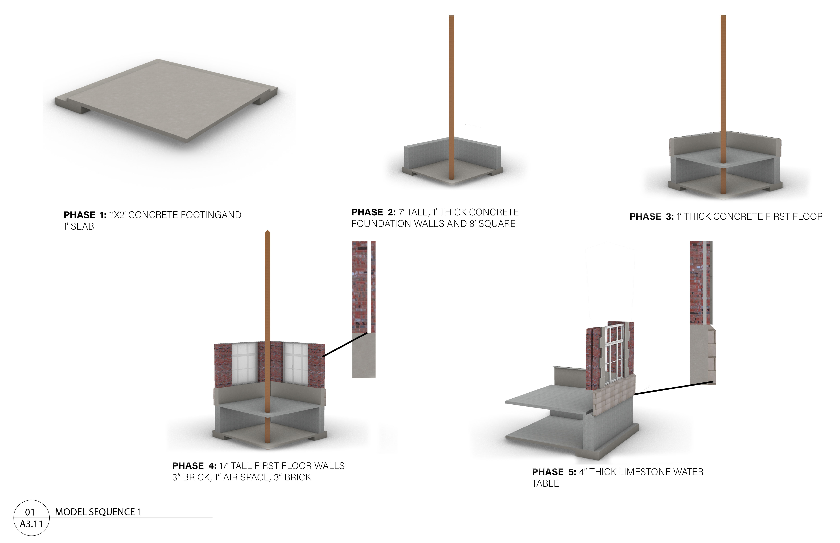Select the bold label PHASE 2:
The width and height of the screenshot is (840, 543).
(373, 212)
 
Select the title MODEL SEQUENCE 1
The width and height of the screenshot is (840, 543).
(98, 512)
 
